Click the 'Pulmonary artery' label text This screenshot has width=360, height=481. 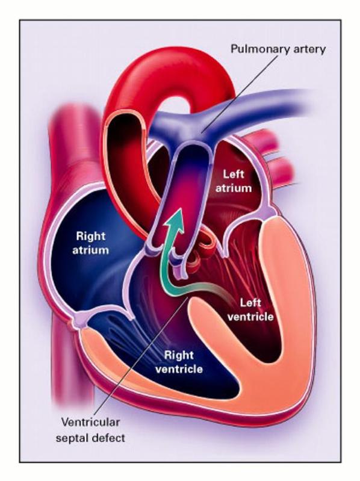(x=278, y=49)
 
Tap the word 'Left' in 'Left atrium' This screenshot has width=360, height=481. (x=234, y=174)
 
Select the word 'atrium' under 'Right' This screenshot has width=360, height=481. (x=90, y=250)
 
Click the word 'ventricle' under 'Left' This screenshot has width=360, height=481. (x=250, y=317)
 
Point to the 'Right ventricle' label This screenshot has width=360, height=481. (x=179, y=362)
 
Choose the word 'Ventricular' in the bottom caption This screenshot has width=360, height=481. (x=90, y=422)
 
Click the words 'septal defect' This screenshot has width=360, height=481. (x=90, y=438)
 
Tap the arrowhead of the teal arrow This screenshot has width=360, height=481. (x=175, y=218)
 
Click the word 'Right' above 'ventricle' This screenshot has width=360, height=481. (x=179, y=355)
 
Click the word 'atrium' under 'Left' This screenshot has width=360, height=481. (x=234, y=188)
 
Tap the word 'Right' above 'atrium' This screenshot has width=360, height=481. (x=90, y=237)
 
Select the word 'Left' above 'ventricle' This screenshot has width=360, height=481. (x=250, y=303)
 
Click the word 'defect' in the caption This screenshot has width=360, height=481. (x=108, y=438)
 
